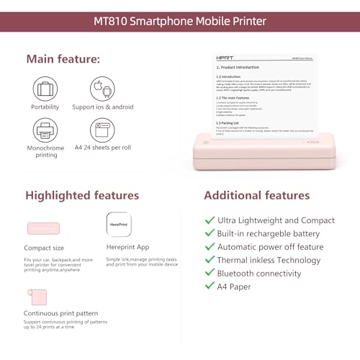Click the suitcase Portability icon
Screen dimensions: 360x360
pyautogui.click(x=45, y=89)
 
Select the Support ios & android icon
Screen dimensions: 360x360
pyautogui.click(x=102, y=89)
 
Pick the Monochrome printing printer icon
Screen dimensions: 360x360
pyautogui.click(x=45, y=131)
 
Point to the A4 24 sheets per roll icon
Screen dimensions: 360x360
pyautogui.click(x=102, y=131)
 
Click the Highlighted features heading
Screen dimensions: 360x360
pyautogui.click(x=82, y=195)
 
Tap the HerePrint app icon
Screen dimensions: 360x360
pyautogui.click(x=118, y=224)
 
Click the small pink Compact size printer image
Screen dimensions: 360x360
pyautogui.click(x=45, y=228)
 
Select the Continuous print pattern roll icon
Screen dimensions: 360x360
pyautogui.click(x=37, y=297)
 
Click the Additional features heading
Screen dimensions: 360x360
pyautogui.click(x=257, y=195)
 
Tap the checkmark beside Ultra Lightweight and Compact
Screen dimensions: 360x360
pyautogui.click(x=210, y=220)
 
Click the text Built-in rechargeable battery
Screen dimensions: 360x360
pyautogui.click(x=267, y=233)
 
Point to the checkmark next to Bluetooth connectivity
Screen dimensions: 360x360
pyautogui.click(x=210, y=274)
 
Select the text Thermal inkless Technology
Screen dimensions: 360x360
pyautogui.click(x=269, y=260)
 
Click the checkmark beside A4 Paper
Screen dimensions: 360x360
pyautogui.click(x=210, y=287)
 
